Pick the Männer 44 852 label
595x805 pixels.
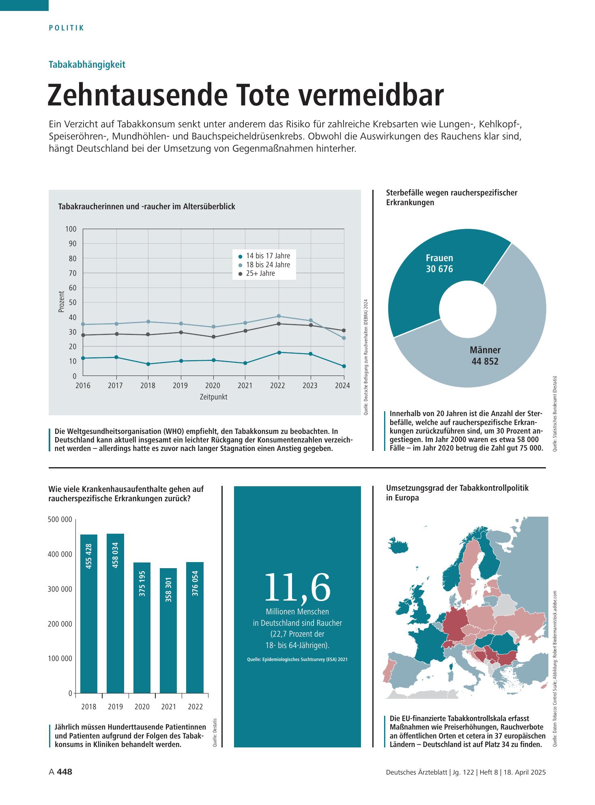point(485,356)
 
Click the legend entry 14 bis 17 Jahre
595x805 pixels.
point(264,256)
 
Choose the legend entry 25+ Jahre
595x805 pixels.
point(257,274)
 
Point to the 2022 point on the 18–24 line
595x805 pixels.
point(278,316)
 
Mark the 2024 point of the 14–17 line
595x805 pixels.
point(344,366)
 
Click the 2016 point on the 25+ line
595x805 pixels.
point(83,335)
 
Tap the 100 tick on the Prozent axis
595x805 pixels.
point(71,229)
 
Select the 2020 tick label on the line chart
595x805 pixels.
point(213,386)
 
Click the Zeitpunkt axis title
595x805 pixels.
point(213,397)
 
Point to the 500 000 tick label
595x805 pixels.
point(60,520)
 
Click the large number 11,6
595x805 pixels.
point(297,587)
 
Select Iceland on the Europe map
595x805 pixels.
point(400,543)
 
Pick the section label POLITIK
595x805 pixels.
point(67,28)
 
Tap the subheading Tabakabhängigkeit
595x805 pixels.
point(87,64)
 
